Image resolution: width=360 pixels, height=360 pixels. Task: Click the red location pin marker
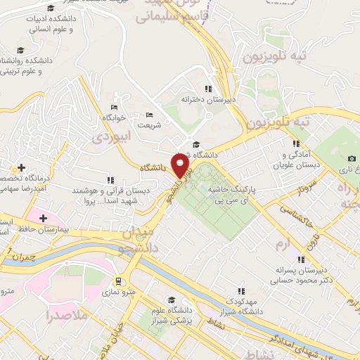pos(181,165)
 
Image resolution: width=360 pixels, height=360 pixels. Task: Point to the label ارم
pos(283,243)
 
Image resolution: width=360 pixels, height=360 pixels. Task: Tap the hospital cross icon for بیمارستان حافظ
pos(43,218)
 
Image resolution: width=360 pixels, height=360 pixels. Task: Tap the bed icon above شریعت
pos(148,115)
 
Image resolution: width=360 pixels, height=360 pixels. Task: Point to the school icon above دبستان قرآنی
pos(110,180)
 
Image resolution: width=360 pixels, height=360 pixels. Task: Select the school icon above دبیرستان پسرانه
pos(302,259)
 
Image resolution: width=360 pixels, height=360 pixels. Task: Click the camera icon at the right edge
pos(352,159)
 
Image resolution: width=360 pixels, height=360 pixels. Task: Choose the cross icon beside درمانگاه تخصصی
pos(22,167)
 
